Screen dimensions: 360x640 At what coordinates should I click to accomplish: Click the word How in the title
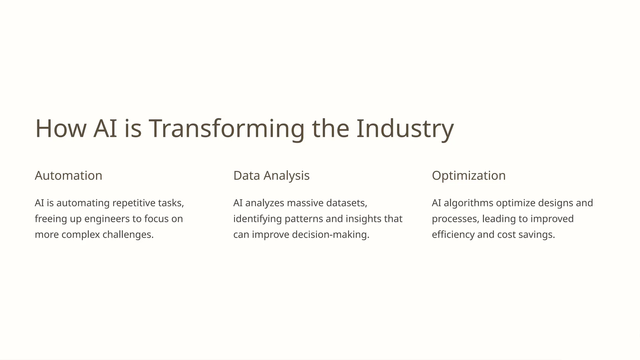click(x=61, y=128)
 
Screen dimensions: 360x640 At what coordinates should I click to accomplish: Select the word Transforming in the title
click(x=226, y=128)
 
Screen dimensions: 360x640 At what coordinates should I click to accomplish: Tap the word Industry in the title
click(x=405, y=128)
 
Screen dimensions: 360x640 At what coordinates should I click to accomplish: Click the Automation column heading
click(x=68, y=176)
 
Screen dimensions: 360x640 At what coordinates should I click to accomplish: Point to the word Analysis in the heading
click(x=286, y=176)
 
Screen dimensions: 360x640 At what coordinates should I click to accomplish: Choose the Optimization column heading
click(x=468, y=176)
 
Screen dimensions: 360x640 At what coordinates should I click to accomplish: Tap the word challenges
click(x=128, y=234)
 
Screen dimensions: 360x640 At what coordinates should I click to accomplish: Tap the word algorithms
click(x=468, y=203)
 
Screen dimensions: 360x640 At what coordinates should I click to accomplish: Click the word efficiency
click(x=453, y=234)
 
